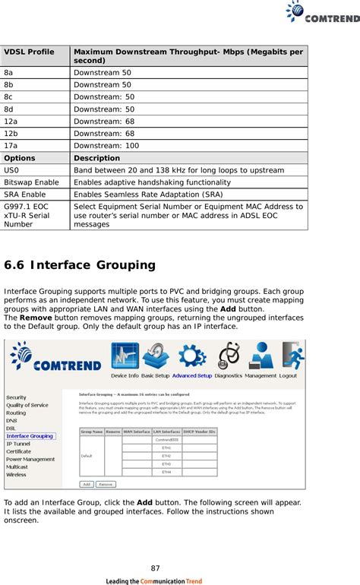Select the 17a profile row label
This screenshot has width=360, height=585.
[12, 145]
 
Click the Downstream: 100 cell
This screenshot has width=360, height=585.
[106, 145]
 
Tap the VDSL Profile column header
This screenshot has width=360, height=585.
[30, 52]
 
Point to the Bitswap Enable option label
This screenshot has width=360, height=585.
[31, 182]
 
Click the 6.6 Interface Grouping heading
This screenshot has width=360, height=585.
[80, 265]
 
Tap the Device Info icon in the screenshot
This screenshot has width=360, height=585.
[125, 359]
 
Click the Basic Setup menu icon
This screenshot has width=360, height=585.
[156, 359]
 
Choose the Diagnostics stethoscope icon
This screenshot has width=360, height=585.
[229, 359]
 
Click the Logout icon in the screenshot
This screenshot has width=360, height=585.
[289, 359]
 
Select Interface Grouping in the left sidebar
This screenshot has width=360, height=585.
[30, 436]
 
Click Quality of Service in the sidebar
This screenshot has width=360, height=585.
[27, 405]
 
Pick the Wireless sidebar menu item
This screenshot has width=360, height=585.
[16, 475]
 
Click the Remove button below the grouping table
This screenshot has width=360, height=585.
[106, 483]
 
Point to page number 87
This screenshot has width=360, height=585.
[155, 568]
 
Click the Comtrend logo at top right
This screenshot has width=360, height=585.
[322, 13]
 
